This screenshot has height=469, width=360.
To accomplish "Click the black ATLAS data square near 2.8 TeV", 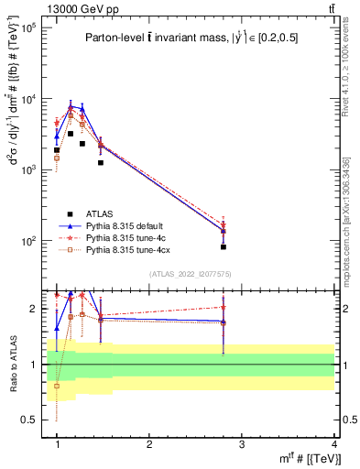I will (x=224, y=247).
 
